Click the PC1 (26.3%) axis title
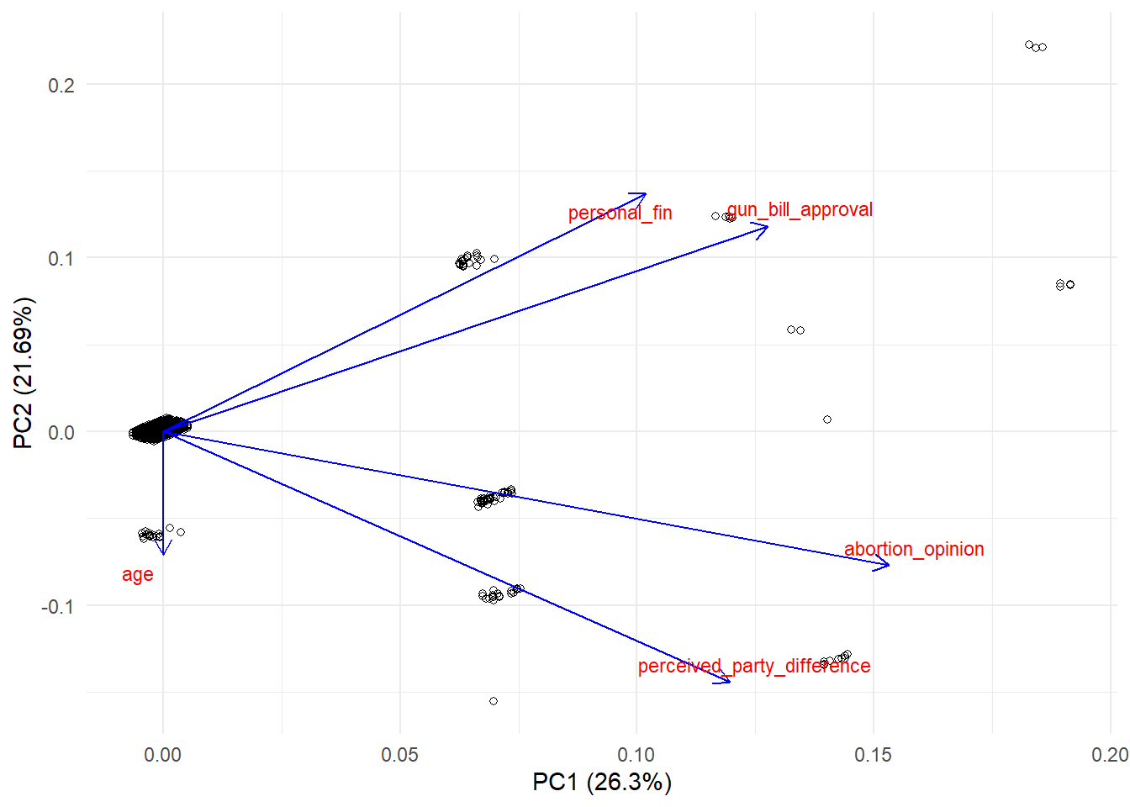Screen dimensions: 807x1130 tap(602, 782)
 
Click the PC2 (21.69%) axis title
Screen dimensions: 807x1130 tap(23, 372)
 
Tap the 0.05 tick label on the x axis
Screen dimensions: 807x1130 tap(399, 755)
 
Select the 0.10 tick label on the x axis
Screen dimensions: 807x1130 tap(636, 755)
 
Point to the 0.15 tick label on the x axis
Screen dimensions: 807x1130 tap(873, 755)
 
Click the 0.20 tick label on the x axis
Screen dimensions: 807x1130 tap(1109, 755)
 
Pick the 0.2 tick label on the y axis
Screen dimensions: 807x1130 tap(61, 85)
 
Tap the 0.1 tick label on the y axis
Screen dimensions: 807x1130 tap(61, 258)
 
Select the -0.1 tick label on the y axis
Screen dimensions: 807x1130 tap(57, 606)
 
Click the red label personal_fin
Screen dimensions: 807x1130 tap(620, 213)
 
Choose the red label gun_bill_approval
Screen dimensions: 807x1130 tap(800, 209)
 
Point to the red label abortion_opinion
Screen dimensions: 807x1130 tap(914, 549)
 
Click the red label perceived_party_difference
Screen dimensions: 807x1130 tap(754, 666)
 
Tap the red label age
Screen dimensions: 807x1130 tap(138, 574)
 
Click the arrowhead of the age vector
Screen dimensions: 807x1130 tap(163, 552)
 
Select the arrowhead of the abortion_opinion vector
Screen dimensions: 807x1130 tap(887, 565)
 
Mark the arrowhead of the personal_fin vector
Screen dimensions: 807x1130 tap(644, 195)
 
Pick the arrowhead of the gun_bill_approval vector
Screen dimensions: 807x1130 tap(766, 226)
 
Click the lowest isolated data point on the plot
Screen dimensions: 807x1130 tap(494, 701)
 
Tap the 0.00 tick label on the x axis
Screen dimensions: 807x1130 tap(163, 755)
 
